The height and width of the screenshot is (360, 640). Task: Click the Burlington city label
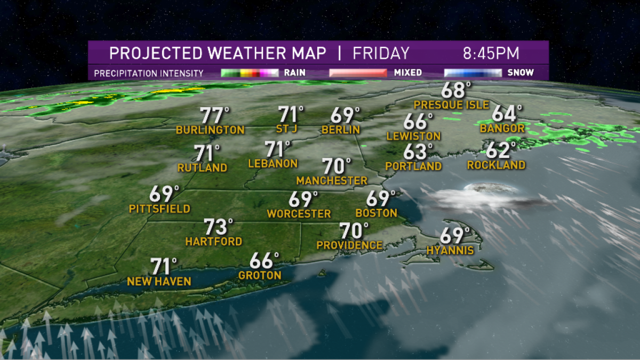[210, 130]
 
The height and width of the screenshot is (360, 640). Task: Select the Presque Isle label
[451, 105]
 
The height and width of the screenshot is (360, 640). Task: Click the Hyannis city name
[450, 250]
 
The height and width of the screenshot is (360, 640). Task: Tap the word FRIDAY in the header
[381, 53]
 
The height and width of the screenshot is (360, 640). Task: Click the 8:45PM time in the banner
[491, 53]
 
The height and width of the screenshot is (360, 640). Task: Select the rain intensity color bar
[250, 73]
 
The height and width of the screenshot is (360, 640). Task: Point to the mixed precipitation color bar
[358, 73]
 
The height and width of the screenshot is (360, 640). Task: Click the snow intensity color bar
[473, 73]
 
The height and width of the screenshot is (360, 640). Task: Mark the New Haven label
[159, 281]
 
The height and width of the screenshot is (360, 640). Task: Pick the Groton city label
[260, 275]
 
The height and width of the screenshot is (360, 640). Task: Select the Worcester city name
[299, 214]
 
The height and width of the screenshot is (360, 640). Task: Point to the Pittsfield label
[159, 209]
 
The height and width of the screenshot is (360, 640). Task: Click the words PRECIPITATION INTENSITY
[149, 73]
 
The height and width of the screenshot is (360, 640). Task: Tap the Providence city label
[349, 245]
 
